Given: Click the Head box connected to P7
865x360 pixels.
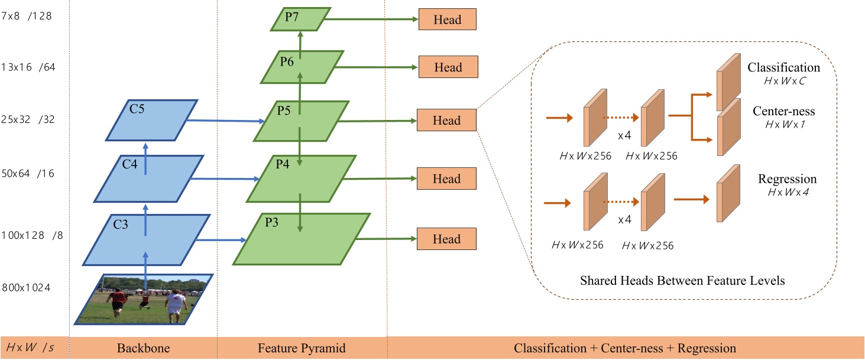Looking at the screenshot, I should (x=447, y=20).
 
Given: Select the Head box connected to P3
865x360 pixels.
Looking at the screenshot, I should (x=447, y=239).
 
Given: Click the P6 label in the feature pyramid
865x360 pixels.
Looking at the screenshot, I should (x=287, y=60).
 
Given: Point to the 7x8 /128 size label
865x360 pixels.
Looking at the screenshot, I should (x=27, y=16).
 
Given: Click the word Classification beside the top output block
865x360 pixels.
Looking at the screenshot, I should (x=783, y=67).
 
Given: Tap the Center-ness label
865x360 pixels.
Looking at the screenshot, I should (x=784, y=112).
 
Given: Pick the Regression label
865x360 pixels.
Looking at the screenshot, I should (x=787, y=179).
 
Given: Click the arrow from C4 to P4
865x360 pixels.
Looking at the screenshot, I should (x=225, y=177).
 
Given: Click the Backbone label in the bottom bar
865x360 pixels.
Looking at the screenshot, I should (x=143, y=348).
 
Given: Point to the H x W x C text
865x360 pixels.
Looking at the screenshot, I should (x=783, y=81).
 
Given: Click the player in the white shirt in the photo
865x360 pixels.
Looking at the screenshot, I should (x=174, y=303).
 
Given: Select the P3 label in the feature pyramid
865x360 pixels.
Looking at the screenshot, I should (x=272, y=223).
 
